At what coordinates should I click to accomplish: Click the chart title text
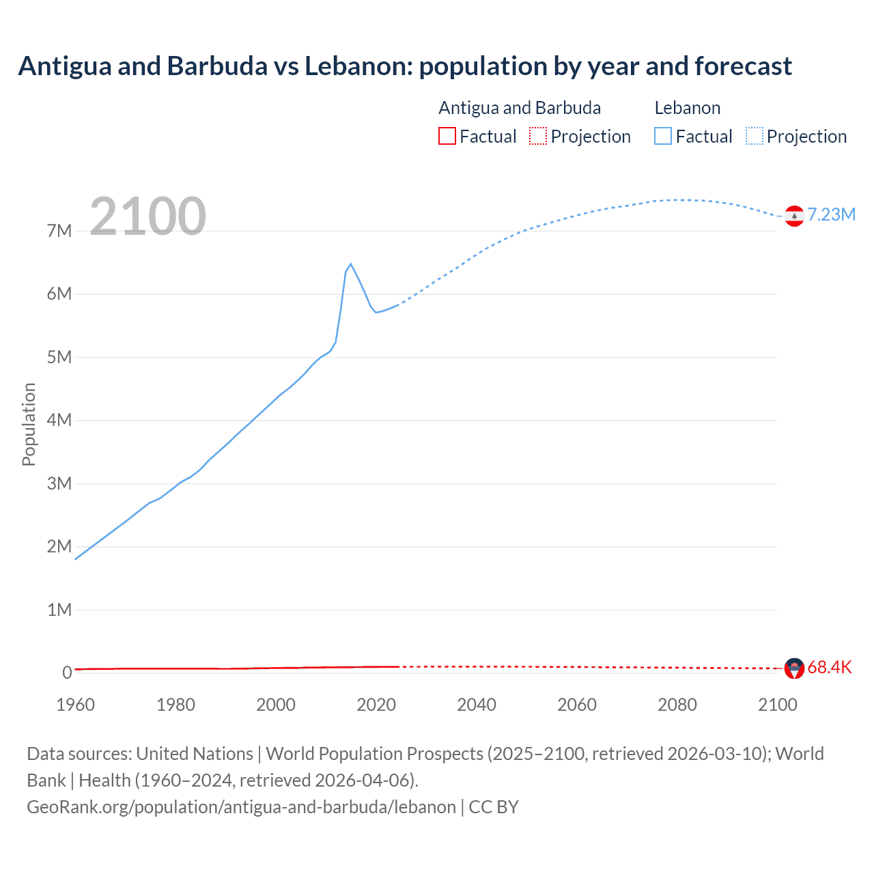pos(405,66)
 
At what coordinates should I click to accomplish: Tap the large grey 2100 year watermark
pos(147,216)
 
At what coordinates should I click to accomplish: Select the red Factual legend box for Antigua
pos(447,136)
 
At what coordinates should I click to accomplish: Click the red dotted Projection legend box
pos(538,136)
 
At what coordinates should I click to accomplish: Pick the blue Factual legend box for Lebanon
pos(663,136)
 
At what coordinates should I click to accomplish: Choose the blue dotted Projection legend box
pos(755,136)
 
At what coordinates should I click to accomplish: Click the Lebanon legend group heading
pos(687,108)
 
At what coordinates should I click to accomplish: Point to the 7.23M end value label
pos(831,214)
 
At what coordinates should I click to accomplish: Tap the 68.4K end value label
pos(829,667)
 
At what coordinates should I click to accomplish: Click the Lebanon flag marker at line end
pos(794,216)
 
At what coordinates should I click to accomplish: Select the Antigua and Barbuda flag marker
pos(794,668)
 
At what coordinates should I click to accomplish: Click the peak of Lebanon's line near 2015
pos(350,264)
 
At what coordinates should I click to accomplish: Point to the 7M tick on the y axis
pos(59,231)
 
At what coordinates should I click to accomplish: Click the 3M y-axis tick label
pos(59,483)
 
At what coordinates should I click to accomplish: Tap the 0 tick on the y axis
pos(67,673)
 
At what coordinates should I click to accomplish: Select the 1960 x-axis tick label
pos(75,705)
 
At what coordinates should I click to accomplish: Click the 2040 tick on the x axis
pos(477,705)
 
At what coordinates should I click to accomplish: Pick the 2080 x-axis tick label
pos(677,705)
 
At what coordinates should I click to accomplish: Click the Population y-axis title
pos(29,424)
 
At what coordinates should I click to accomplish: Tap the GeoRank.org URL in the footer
pos(241,807)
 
